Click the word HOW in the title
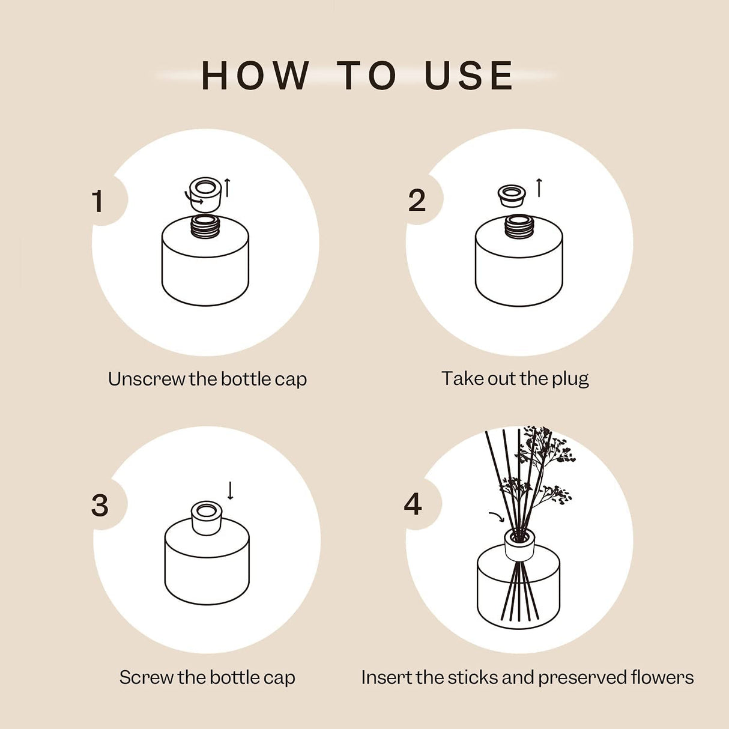pyautogui.click(x=255, y=76)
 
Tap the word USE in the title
pyautogui.click(x=468, y=76)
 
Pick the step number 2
pyautogui.click(x=417, y=201)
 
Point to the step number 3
pyautogui.click(x=100, y=505)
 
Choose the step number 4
pyautogui.click(x=413, y=504)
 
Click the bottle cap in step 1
pyautogui.click(x=205, y=193)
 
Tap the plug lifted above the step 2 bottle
pyautogui.click(x=512, y=195)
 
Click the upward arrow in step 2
pyautogui.click(x=539, y=187)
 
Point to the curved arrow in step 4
pyautogui.click(x=497, y=516)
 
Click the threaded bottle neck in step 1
pyautogui.click(x=205, y=226)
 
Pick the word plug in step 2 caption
pyautogui.click(x=570, y=379)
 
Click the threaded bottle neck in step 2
pyautogui.click(x=519, y=226)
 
